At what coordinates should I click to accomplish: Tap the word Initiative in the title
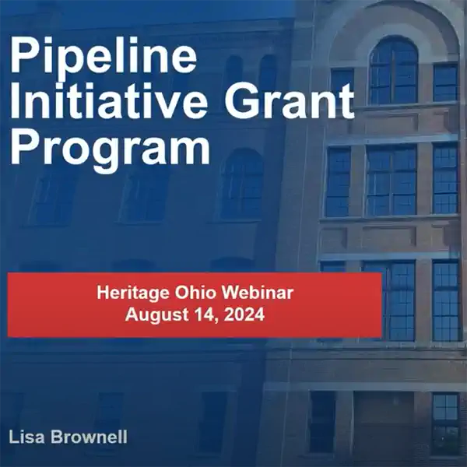pyautogui.click(x=109, y=100)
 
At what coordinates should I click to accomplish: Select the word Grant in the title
pyautogui.click(x=289, y=100)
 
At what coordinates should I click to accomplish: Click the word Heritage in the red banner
pyautogui.click(x=133, y=293)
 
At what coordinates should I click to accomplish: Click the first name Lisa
pyautogui.click(x=26, y=437)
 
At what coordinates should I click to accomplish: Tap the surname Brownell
pyautogui.click(x=89, y=437)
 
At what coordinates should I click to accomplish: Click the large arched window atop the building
pyautogui.click(x=393, y=71)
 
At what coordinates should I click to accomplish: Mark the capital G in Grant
pyautogui.click(x=241, y=100)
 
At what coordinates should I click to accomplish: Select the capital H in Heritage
pyautogui.click(x=103, y=293)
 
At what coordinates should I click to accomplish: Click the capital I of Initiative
pyautogui.click(x=15, y=100)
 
